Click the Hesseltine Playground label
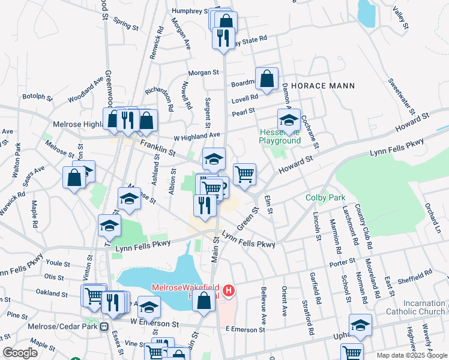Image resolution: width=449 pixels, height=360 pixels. pyautogui.click(x=279, y=136)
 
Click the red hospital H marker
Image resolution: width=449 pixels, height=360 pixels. pyautogui.click(x=228, y=291)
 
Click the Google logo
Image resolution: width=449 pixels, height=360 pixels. pyautogui.click(x=20, y=352)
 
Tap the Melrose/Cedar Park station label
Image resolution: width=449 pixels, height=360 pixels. pyautogui.click(x=62, y=326)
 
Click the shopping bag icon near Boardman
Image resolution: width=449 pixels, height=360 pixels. pyautogui.click(x=267, y=79)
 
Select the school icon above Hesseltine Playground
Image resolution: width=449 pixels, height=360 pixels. pyautogui.click(x=289, y=119)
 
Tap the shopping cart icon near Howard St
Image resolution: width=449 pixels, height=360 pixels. pyautogui.click(x=244, y=175)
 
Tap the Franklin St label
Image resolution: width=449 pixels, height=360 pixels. pyautogui.click(x=158, y=148)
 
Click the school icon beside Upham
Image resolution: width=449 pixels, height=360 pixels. pyautogui.click(x=360, y=325)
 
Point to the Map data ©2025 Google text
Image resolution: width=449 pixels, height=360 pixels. pyautogui.click(x=411, y=355)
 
